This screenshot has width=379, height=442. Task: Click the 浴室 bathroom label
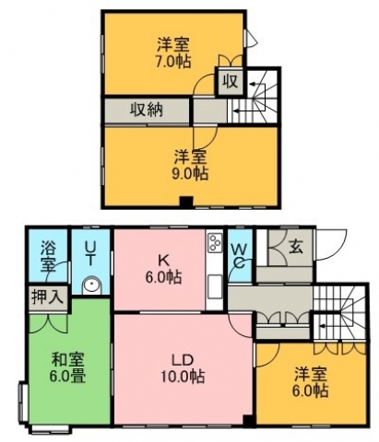coord(49,257)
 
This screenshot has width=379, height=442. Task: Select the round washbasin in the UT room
coord(91,285)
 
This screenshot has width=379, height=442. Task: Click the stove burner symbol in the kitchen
coord(215,243)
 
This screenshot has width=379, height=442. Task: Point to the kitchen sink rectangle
coord(215,286)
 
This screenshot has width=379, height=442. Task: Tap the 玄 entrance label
coord(295,247)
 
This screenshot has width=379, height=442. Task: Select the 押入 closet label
coord(48,297)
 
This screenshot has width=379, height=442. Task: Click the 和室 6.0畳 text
coord(68,367)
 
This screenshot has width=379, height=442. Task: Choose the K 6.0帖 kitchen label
coord(163,269)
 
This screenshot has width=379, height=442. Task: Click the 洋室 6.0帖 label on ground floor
coord(311,382)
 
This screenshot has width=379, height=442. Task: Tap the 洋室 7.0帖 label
coord(173,52)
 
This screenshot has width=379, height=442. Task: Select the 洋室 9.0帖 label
coord(191,165)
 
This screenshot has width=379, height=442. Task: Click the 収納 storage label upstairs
coord(146,110)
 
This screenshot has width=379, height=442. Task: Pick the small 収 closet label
coord(231,81)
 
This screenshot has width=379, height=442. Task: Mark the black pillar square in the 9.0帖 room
coord(186,201)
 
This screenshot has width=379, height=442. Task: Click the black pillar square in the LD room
coord(248,420)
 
